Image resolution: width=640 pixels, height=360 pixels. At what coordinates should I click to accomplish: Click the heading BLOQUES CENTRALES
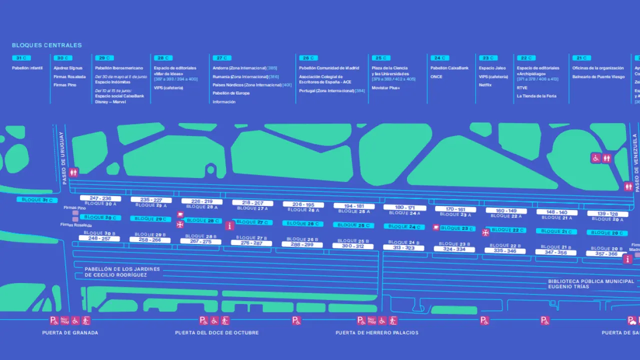pyautogui.click(x=47, y=45)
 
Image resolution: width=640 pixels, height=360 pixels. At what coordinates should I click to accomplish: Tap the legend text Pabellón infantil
pyautogui.click(x=27, y=68)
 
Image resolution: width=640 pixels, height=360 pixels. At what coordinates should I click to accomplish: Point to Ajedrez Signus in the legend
pyautogui.click(x=68, y=68)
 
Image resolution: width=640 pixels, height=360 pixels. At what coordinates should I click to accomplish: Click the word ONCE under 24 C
pyautogui.click(x=436, y=77)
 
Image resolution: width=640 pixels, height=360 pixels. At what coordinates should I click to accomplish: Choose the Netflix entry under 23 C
pyautogui.click(x=485, y=85)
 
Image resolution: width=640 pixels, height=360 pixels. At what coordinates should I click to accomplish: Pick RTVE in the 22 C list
pyautogui.click(x=522, y=88)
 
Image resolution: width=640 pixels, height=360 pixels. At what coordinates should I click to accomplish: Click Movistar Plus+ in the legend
pyautogui.click(x=385, y=88)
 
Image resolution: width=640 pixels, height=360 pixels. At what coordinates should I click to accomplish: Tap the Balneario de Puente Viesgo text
pyautogui.click(x=598, y=77)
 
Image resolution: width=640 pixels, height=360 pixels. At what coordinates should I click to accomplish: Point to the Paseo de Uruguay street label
pyautogui.click(x=62, y=158)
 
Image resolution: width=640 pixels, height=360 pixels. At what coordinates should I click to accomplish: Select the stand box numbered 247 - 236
pyautogui.click(x=100, y=198)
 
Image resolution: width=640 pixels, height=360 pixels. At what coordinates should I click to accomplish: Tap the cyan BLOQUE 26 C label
pyautogui.click(x=303, y=223)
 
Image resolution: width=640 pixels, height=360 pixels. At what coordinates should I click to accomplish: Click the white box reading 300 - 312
pyautogui.click(x=353, y=246)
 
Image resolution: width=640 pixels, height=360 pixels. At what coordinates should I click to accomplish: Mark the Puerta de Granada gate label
pyautogui.click(x=70, y=333)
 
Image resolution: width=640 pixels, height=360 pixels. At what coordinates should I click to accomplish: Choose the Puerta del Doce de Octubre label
pyautogui.click(x=217, y=333)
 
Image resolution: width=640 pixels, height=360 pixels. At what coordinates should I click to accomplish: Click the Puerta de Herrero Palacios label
pyautogui.click(x=377, y=333)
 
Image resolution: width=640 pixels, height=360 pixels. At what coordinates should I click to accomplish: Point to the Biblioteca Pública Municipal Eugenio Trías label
pyautogui.click(x=591, y=284)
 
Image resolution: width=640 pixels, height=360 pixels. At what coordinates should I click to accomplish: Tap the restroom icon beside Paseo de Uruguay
pyautogui.click(x=74, y=172)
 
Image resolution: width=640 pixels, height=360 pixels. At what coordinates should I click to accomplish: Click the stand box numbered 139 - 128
pyautogui.click(x=607, y=214)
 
